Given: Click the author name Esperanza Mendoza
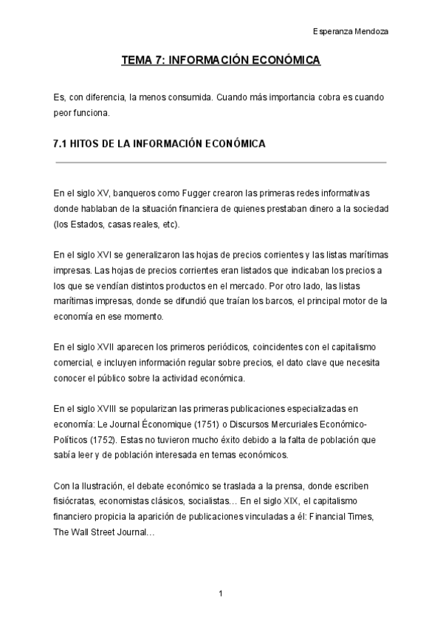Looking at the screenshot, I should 351,32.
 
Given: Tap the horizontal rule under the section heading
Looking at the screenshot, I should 221,162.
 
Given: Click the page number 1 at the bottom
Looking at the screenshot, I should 221,594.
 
